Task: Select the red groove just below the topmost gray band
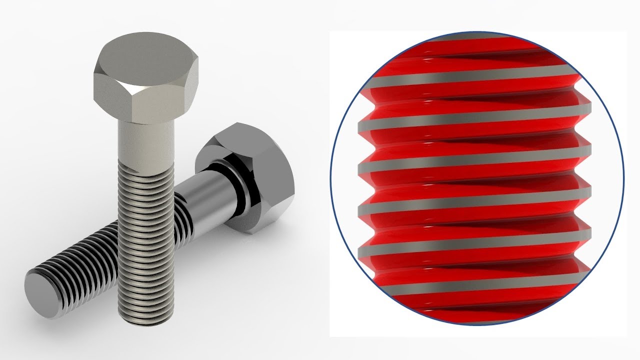[475, 50]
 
